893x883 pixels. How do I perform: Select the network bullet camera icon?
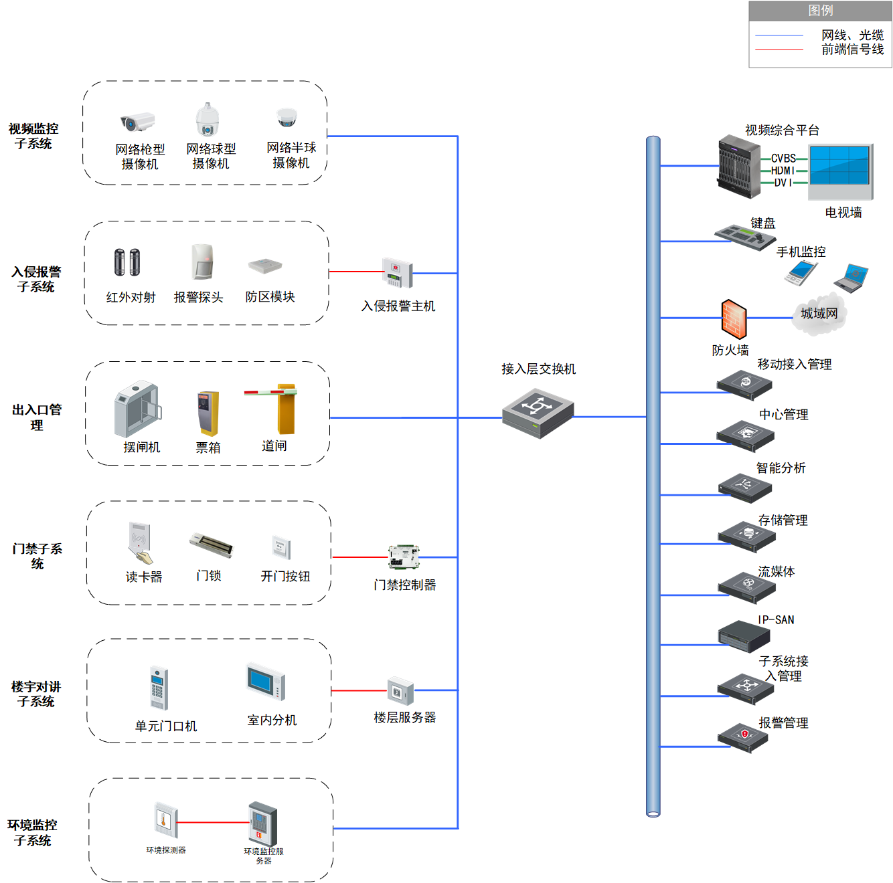[x=137, y=122]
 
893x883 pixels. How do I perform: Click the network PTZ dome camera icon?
[x=207, y=119]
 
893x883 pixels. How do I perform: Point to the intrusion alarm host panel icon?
[x=396, y=272]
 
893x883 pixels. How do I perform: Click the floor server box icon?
[x=400, y=690]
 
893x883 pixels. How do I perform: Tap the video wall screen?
[x=839, y=171]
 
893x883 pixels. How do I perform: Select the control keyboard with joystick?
[x=744, y=237]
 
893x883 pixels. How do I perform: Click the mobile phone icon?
[x=800, y=272]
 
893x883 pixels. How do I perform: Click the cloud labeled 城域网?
[x=819, y=314]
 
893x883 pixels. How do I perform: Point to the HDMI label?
[x=783, y=171]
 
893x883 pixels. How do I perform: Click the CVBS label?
[x=783, y=158]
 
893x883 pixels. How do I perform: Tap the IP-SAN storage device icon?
[x=743, y=636]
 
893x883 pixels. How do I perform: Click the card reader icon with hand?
[x=140, y=543]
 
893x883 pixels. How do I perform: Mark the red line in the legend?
[x=779, y=50]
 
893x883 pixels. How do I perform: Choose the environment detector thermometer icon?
[x=165, y=820]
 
